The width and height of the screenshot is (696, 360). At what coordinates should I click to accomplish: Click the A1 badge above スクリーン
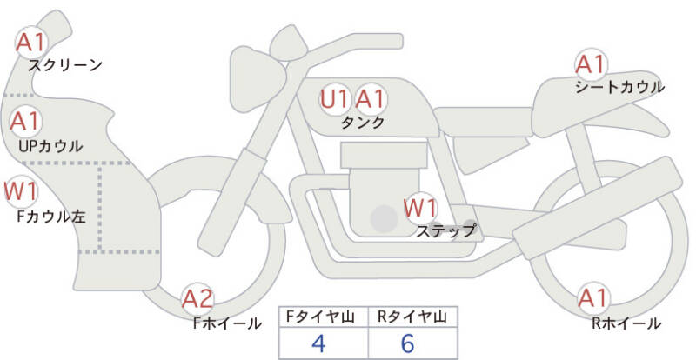[x=31, y=43]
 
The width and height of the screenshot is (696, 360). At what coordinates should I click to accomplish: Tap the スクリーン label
[x=65, y=66]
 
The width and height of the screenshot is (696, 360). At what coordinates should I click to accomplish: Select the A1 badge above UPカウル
[x=26, y=121]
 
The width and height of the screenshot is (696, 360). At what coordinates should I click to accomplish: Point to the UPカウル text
[x=50, y=146]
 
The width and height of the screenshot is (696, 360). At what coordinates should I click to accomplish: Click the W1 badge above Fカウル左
[x=20, y=191]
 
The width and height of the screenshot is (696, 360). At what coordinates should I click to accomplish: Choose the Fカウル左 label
[x=51, y=217]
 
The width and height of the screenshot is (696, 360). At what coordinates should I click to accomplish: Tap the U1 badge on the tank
[x=336, y=99]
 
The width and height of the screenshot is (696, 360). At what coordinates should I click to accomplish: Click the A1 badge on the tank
[x=371, y=99]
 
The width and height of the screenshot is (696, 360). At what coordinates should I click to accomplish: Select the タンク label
[x=362, y=123]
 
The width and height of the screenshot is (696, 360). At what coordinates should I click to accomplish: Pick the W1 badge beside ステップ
[x=420, y=208]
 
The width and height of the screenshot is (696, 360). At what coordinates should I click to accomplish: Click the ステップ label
[x=446, y=230]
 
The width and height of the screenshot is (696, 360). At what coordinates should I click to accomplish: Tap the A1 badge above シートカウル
[x=591, y=64]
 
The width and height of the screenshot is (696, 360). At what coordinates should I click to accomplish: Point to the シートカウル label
[x=619, y=87]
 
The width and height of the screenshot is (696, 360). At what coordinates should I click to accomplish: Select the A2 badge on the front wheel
[x=198, y=299]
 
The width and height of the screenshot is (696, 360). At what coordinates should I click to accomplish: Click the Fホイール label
[x=227, y=323]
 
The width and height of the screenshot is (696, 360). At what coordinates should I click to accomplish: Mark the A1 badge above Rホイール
[x=593, y=298]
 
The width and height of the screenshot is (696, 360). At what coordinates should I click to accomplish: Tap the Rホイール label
[x=626, y=323]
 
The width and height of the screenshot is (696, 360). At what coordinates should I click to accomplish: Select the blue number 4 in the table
[x=319, y=343]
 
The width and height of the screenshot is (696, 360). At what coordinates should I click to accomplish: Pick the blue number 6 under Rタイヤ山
[x=407, y=343]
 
